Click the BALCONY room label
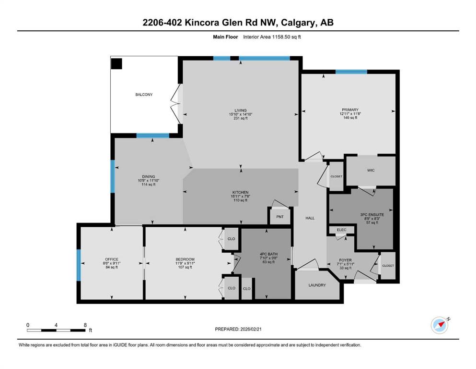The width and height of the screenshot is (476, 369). [x=144, y=95]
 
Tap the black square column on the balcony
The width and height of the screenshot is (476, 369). [x=116, y=64]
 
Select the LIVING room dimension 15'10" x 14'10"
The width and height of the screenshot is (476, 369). [x=241, y=114]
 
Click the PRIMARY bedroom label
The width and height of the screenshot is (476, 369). [x=350, y=110]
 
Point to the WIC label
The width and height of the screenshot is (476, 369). [x=371, y=171]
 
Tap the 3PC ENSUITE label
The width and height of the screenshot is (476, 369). [x=372, y=215]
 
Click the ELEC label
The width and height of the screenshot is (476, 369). [x=341, y=230]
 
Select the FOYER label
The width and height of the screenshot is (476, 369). [x=346, y=260]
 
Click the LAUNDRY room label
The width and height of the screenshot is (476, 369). [x=317, y=285]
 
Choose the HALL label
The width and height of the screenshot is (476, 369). [x=310, y=218]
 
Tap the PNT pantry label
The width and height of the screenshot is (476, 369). [x=280, y=217]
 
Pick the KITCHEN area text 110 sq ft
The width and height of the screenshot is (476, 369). [x=241, y=200]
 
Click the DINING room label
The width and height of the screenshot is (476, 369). [x=149, y=177]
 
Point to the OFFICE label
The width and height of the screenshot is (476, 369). [x=112, y=259]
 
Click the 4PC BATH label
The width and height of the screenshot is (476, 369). [x=268, y=254]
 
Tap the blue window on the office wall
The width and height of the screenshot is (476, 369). [x=79, y=265]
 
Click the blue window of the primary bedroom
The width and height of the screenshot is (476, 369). [x=351, y=72]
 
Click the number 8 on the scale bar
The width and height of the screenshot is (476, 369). [x=85, y=325]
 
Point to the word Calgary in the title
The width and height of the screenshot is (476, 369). [x=299, y=23]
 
